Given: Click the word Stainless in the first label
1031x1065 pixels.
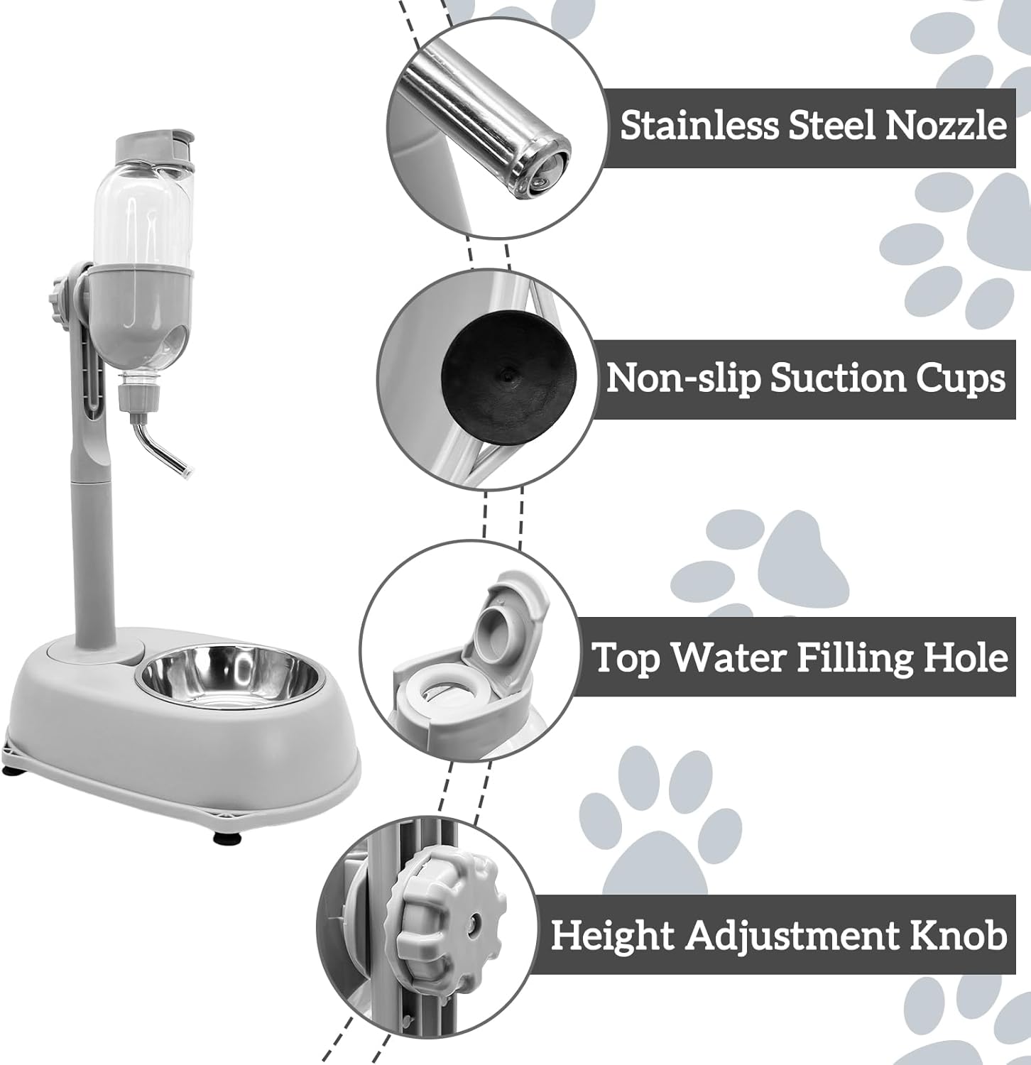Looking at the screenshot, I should click(697, 126).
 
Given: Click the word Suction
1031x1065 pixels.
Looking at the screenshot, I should click(838, 378).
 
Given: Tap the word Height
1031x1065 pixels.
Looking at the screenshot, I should click(612, 936).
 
